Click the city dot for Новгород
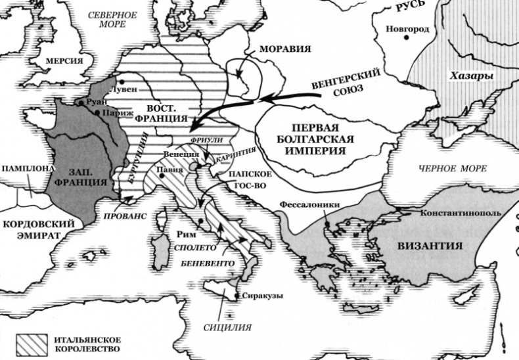coord(407,38)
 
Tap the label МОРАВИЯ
coord(284,50)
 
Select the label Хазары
coord(472,76)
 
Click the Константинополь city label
coord(461,214)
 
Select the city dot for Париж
coord(97,113)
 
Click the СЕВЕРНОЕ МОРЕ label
coord(113,20)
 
